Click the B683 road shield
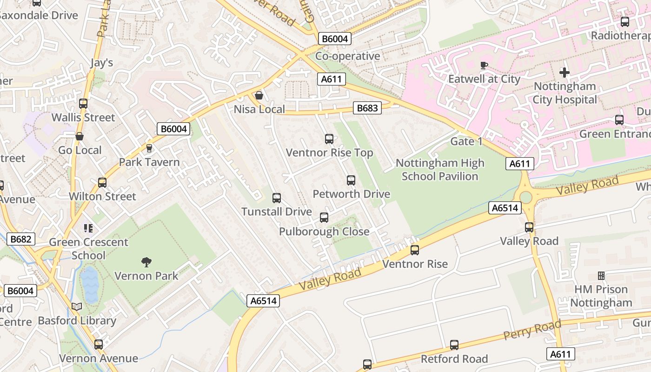coord(367,108)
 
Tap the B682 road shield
coord(21,239)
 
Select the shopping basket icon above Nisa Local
coord(259,96)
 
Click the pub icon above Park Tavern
coord(149,148)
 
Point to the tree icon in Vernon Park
coord(146,262)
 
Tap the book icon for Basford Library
coord(77,307)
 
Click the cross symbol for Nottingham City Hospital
coord(565,73)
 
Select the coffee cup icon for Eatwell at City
coord(484,66)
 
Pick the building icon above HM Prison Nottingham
coord(601,276)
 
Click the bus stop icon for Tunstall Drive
coord(277,198)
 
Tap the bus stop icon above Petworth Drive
coord(351,180)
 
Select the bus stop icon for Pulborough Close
coord(324,218)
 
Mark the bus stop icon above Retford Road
coord(454,345)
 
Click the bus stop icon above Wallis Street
coord(83,104)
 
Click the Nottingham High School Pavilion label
coord(440,170)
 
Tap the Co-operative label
coord(347,56)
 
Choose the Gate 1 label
coord(466,141)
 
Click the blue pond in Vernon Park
coord(89,284)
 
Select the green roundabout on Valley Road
coord(525,197)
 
